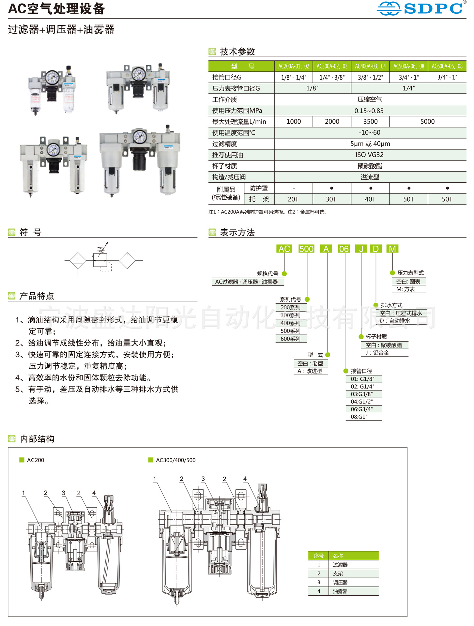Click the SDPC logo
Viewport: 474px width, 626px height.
point(421,8)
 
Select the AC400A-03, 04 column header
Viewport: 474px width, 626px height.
point(370,66)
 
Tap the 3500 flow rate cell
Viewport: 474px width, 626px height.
point(370,122)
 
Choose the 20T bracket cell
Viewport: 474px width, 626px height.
point(293,199)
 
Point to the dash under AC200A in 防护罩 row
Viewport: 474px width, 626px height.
point(294,188)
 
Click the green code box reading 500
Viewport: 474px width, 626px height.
point(306,249)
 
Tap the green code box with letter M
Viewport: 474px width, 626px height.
point(392,249)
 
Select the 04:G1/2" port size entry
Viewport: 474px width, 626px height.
point(362,402)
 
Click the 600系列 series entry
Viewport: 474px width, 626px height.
point(290,339)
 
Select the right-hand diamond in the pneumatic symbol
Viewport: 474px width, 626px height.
point(127,260)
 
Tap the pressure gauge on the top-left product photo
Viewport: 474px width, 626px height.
point(52,77)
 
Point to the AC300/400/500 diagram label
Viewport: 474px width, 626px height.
point(176,460)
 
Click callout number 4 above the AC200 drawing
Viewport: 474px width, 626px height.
point(94,493)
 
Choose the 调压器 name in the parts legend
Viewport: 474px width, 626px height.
point(340,582)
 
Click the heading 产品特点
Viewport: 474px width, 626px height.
point(37,296)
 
